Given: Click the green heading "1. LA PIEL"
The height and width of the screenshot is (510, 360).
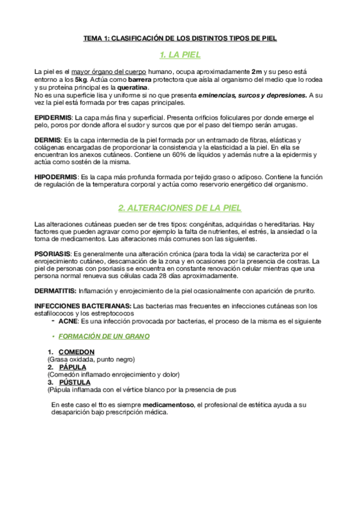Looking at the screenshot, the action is point(180,55).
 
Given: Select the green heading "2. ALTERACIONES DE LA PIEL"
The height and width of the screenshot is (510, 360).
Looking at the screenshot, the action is point(180,207).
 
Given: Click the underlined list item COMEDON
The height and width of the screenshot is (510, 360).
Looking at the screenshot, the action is point(76,352).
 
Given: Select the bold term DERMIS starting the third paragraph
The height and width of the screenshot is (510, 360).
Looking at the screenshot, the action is point(47,140).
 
